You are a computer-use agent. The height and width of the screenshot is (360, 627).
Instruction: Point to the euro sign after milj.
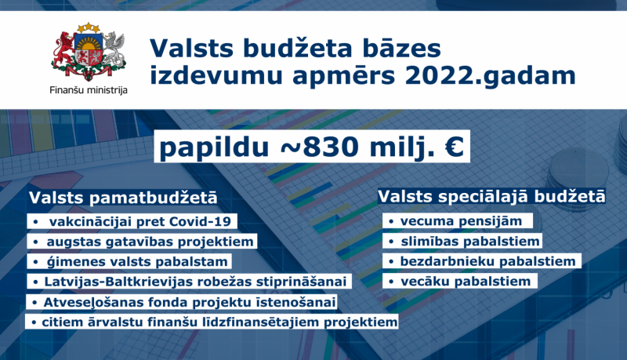point(452,147)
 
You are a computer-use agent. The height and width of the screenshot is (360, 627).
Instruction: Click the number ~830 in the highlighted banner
point(301,147)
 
